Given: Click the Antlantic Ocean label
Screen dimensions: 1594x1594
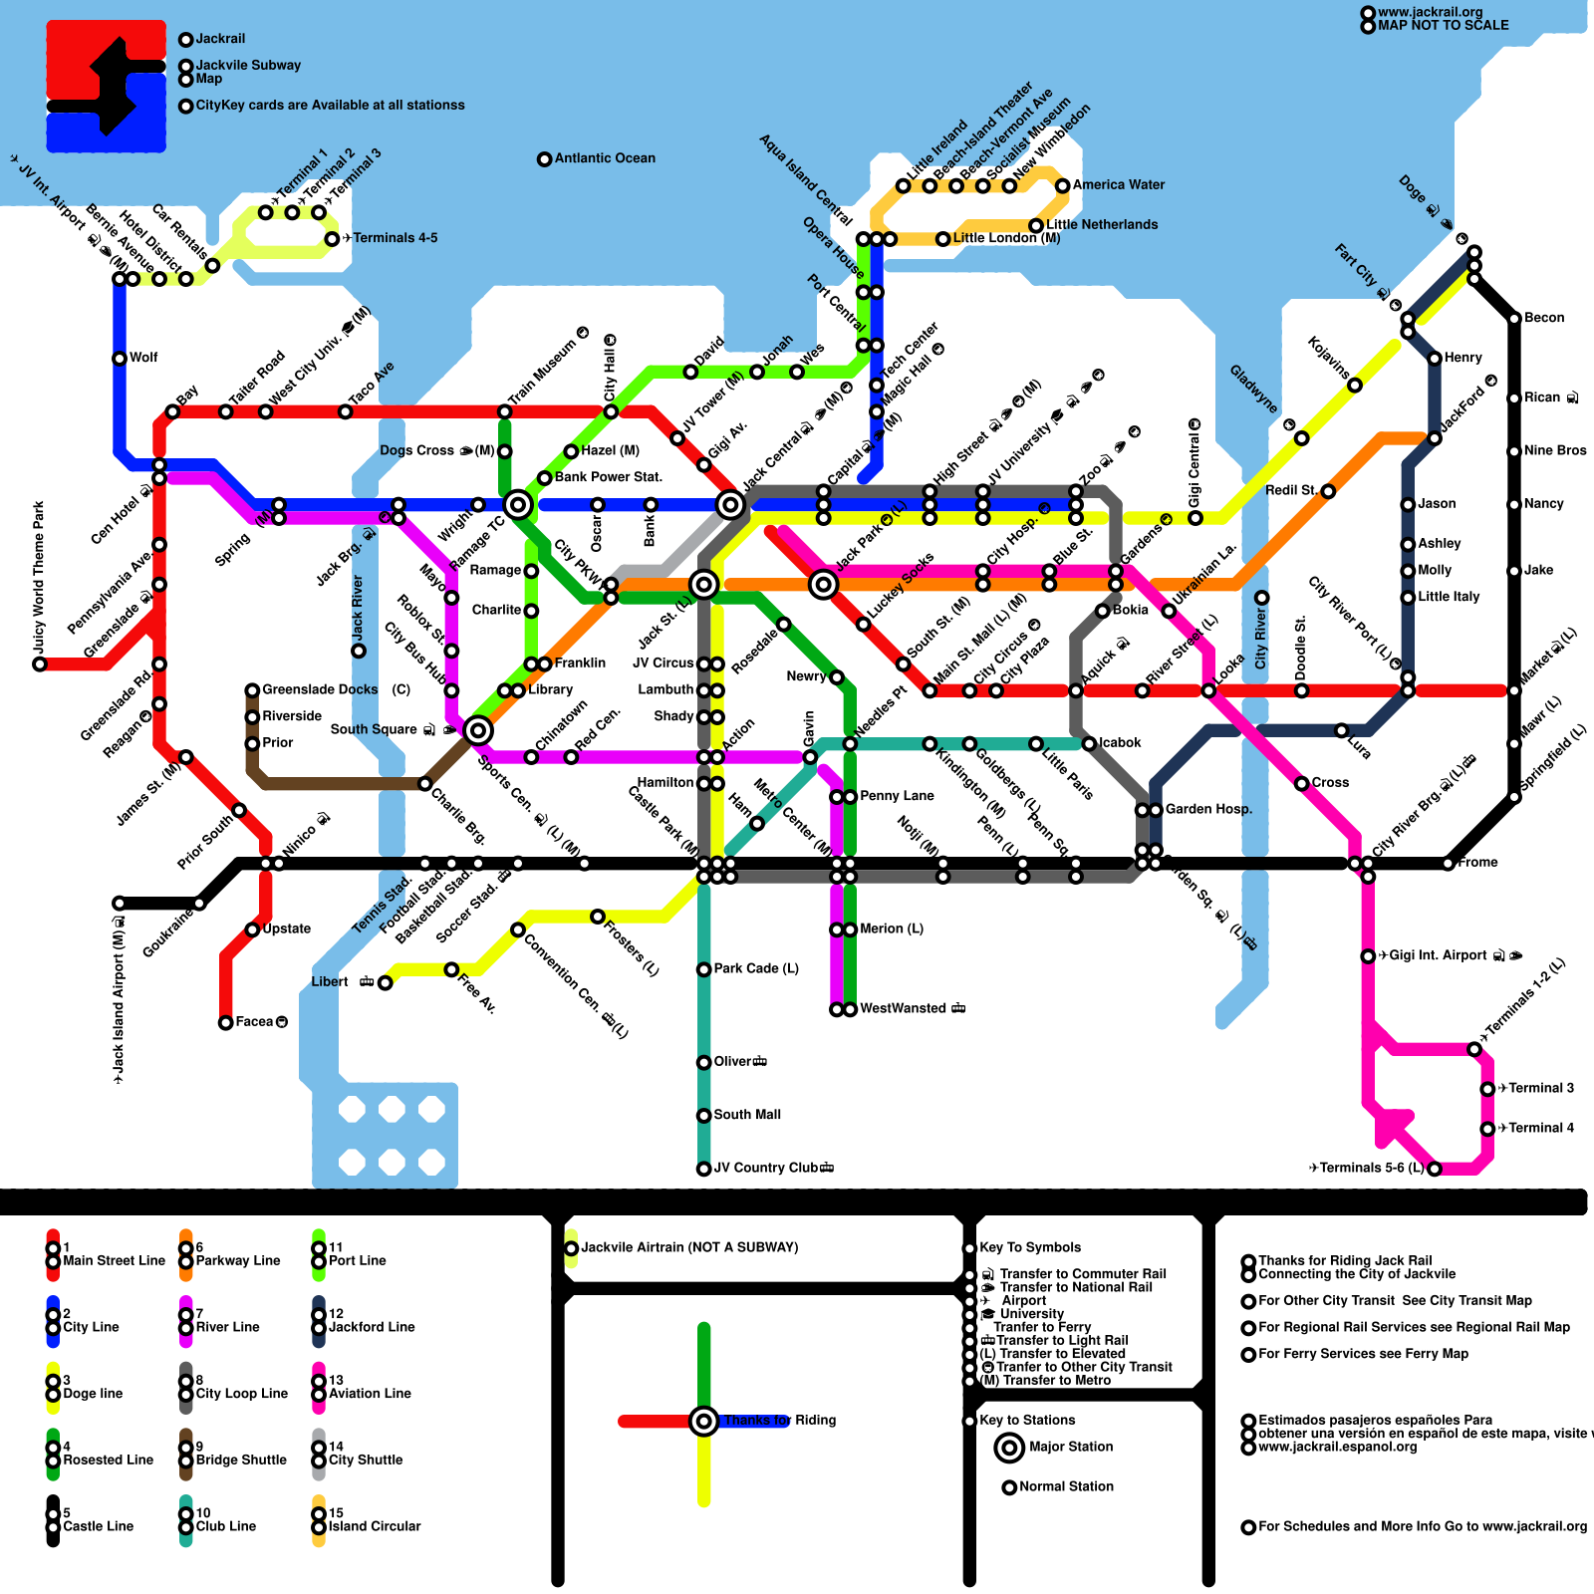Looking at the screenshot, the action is point(605,158).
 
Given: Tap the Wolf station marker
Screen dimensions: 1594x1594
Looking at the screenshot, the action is point(120,359).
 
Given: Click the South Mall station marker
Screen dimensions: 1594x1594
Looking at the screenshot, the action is point(703,1116).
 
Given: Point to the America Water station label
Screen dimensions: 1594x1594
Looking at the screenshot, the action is point(1118,185).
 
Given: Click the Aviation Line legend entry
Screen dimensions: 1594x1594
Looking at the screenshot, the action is point(370,1394).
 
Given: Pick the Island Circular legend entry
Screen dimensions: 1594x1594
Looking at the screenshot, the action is point(375,1526).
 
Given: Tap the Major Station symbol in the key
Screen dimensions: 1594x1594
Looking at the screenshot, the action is point(1009,1448).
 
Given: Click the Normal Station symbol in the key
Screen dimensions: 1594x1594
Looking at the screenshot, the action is point(1009,1487).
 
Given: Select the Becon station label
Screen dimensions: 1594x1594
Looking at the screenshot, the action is point(1543,318).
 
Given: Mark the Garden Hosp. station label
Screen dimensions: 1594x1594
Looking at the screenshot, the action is point(1208,809).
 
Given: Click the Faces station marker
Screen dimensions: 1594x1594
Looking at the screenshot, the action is point(226,1023).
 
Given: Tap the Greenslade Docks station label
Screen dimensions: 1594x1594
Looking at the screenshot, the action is point(320,689).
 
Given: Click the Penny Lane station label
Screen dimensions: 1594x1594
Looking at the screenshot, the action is point(897,796).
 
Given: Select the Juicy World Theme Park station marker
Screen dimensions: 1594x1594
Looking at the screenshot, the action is point(40,664).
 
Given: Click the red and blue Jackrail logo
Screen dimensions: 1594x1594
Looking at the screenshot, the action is point(107,87).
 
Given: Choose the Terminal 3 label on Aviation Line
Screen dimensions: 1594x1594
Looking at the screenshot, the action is point(1540,1088).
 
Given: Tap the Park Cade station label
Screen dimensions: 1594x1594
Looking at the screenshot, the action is point(755,968).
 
